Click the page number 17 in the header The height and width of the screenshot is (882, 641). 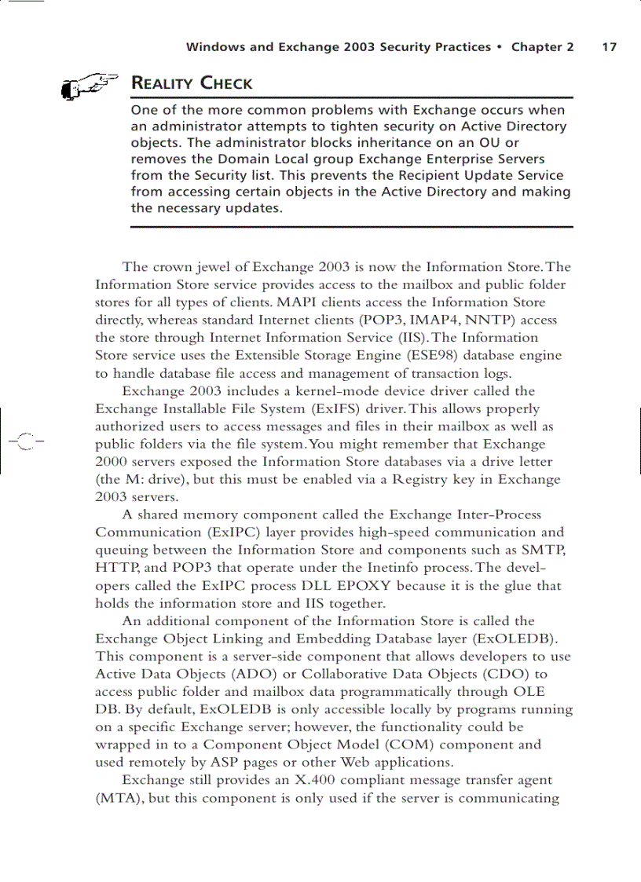point(609,47)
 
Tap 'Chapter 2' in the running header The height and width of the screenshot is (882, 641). point(542,47)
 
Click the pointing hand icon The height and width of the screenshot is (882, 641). point(88,86)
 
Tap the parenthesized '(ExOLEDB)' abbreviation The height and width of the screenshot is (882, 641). point(520,639)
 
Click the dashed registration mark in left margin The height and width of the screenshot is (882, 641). point(24,441)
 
